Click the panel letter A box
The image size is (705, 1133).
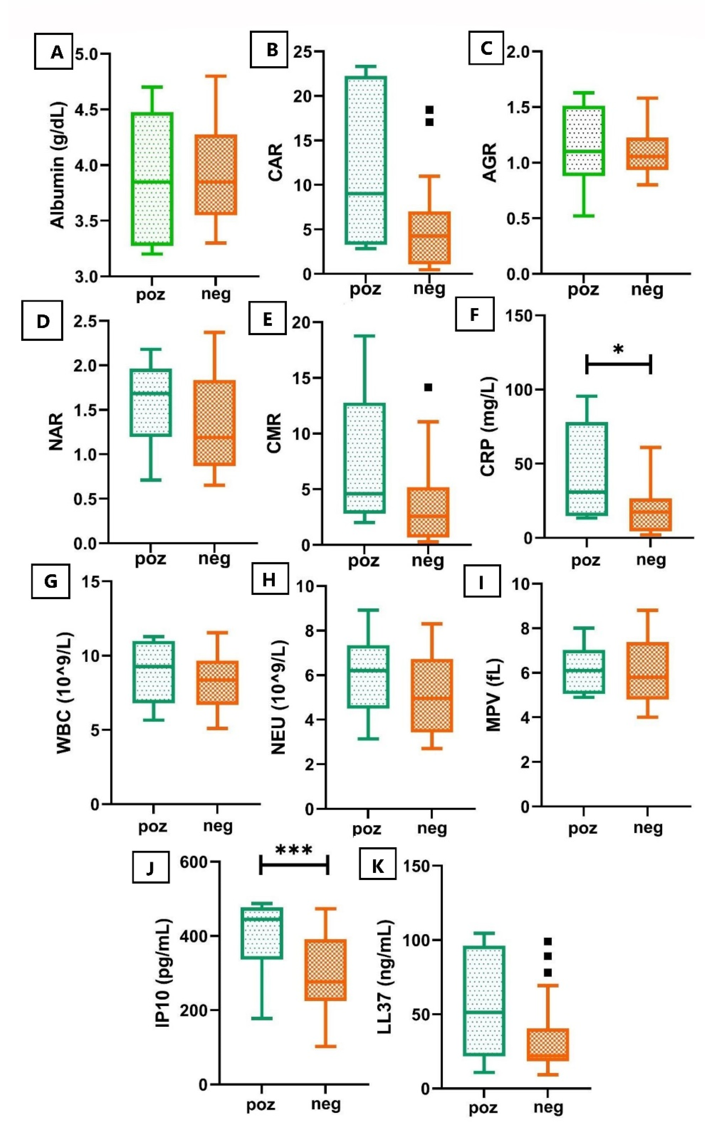[x=54, y=51]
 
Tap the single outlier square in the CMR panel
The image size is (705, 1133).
[x=428, y=387]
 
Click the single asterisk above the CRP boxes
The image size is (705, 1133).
[x=618, y=349]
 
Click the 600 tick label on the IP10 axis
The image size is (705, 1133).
[x=194, y=862]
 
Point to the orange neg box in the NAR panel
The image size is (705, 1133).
[x=215, y=422]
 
